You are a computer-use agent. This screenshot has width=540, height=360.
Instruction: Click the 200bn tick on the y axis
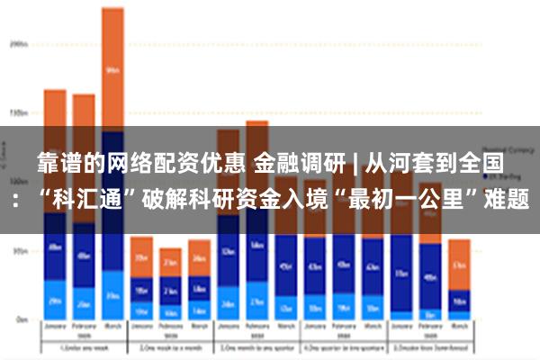coord(17,42)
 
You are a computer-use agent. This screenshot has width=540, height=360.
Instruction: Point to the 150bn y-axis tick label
coord(17,113)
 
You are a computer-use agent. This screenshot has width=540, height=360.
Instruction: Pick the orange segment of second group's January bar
coord(141,256)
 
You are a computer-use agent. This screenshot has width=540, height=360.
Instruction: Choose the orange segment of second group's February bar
coord(170,262)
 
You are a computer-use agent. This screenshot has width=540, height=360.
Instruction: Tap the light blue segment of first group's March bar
coord(112,295)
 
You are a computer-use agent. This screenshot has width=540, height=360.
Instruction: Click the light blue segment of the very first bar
coord(55,300)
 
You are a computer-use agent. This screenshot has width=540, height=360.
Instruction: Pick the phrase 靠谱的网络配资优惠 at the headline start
coord(141,164)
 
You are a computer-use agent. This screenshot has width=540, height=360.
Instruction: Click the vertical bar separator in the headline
coord(355,164)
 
